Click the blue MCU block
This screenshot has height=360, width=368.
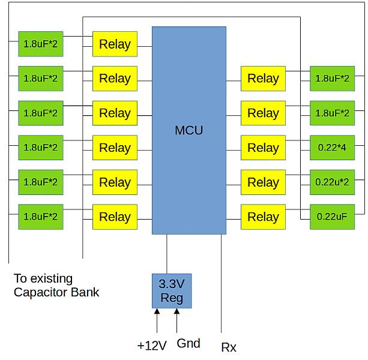pos(189,130)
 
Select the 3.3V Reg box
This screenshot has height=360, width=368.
pos(171,291)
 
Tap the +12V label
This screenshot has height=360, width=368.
pos(151,346)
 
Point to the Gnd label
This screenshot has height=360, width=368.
pos(189,344)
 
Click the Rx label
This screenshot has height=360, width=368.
pos(229,347)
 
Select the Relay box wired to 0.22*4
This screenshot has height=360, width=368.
pos(263,148)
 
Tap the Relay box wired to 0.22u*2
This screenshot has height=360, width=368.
pos(263,182)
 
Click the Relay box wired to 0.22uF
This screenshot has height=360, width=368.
pos(263,217)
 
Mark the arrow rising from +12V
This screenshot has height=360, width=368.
pos(157,321)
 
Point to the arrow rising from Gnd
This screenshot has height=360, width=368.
pos(176,321)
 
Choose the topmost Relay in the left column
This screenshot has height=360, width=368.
pos(115,44)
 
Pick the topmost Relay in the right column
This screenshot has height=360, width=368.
pos(263,79)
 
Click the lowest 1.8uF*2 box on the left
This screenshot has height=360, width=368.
pos(40,217)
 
